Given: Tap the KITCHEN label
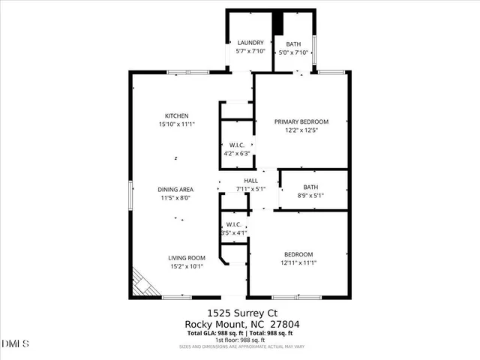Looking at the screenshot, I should pyautogui.click(x=166, y=115).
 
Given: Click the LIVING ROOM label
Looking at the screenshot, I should pyautogui.click(x=186, y=258).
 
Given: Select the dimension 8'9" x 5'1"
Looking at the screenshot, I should pyautogui.click(x=310, y=196).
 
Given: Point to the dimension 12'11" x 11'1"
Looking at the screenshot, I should pyautogui.click(x=298, y=263).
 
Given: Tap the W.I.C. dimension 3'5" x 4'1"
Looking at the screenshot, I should pyautogui.click(x=234, y=233).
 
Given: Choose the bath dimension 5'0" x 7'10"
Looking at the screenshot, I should pyautogui.click(x=293, y=52).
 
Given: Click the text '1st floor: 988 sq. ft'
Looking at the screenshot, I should pyautogui.click(x=239, y=340).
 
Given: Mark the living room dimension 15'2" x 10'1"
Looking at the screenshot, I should pyautogui.click(x=186, y=266).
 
